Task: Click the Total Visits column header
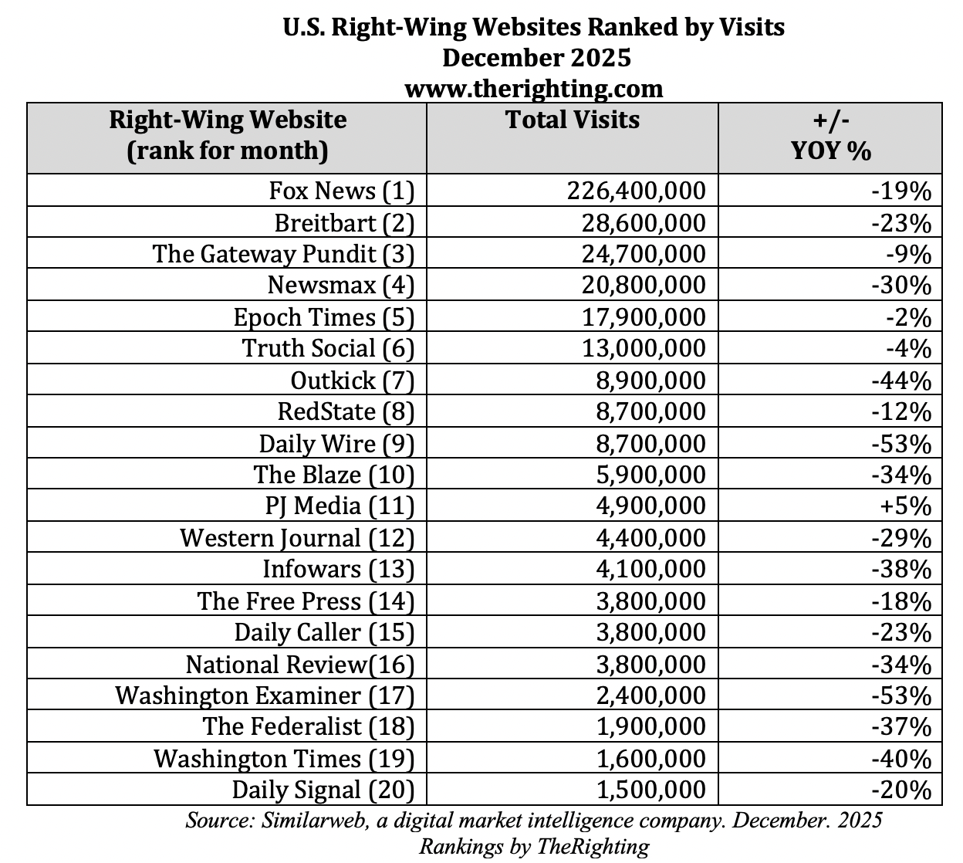pos(572,120)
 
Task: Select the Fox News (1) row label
pos(342,190)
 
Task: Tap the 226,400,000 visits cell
pos(636,190)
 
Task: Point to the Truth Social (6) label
pos(329,348)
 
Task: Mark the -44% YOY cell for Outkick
pos(901,380)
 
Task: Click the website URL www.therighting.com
pos(533,88)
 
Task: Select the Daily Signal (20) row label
pos(323,790)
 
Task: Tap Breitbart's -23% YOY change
pos(901,222)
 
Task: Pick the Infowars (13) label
pos(339,569)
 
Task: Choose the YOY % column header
pos(831,135)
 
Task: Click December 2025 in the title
pos(536,58)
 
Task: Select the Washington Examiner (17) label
pos(265,695)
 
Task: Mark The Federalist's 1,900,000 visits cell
pos(650,726)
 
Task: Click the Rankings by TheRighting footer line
pos(533,846)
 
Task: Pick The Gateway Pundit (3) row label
pos(283,253)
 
